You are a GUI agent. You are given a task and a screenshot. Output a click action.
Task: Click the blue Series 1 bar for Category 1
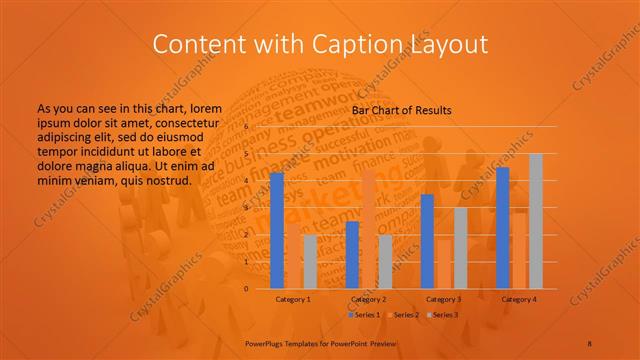coord(277,230)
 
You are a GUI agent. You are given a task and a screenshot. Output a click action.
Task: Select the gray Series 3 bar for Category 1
coord(310,261)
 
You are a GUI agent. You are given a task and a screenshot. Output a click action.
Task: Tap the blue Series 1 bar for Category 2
coord(352,254)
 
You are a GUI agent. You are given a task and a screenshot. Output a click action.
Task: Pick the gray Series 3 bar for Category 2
coord(385,261)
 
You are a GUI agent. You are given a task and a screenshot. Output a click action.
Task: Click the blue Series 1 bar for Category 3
coord(427,241)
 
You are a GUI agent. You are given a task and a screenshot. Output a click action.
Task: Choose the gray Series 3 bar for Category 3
coord(460,247)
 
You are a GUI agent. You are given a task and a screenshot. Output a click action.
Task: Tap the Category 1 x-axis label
coord(294,299)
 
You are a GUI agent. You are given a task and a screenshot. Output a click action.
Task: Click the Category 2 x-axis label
coord(369,299)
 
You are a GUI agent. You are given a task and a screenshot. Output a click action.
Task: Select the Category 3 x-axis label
coord(444,299)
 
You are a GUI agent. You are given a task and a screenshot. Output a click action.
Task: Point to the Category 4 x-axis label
coord(519,299)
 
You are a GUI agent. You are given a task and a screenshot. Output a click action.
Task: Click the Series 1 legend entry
coord(364,315)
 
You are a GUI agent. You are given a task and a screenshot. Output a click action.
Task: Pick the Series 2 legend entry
coord(404,315)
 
